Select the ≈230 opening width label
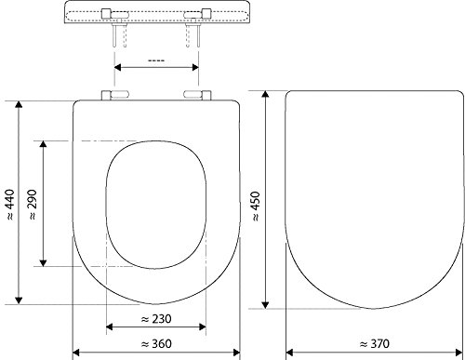[155, 318]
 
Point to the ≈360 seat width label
[155, 344]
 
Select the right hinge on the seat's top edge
[196, 95]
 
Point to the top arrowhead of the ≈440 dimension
[19, 100]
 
